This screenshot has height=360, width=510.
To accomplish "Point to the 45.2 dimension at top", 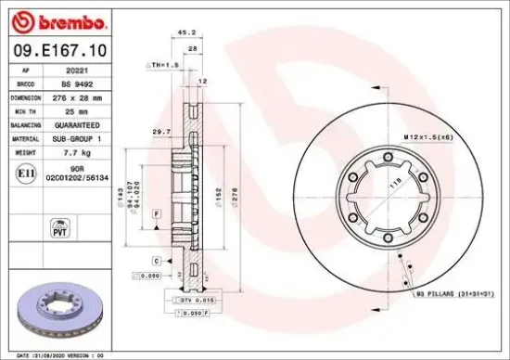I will click(184, 32).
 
